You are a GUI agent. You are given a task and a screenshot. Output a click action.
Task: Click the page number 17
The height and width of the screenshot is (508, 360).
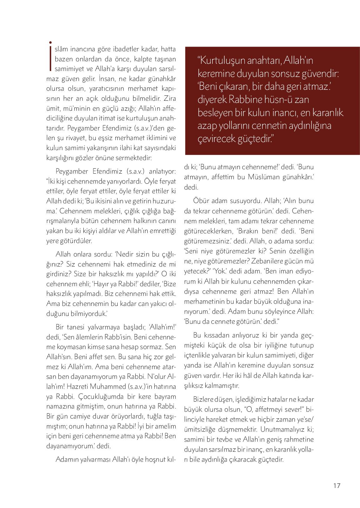[337, 486]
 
